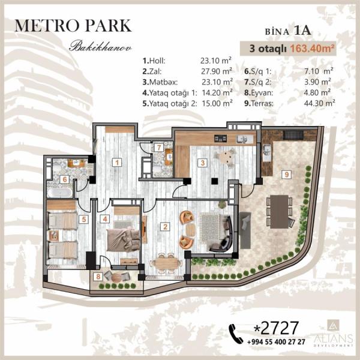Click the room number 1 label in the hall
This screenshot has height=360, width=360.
[x=117, y=163]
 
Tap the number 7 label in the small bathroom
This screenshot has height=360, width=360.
[x=158, y=148]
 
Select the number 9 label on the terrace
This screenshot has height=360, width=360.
[x=287, y=175]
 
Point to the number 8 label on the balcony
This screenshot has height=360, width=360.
[x=98, y=277]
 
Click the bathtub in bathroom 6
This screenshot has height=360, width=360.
[x=59, y=193]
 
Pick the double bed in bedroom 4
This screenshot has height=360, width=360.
[x=123, y=239]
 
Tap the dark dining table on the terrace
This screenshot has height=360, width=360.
[x=279, y=211]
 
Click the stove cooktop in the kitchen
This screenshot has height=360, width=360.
[x=220, y=138]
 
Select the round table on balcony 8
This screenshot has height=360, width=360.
[x=117, y=277]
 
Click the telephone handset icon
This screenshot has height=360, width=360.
[x=236, y=334]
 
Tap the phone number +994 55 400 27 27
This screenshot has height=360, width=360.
[x=276, y=342]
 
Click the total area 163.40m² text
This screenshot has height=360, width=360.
[x=311, y=49]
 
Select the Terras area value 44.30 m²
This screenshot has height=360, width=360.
[x=319, y=103]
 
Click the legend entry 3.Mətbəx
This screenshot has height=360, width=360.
[x=160, y=82]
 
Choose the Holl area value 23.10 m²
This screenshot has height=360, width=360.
[x=216, y=61]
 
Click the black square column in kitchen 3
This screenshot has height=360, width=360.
[x=215, y=181]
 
